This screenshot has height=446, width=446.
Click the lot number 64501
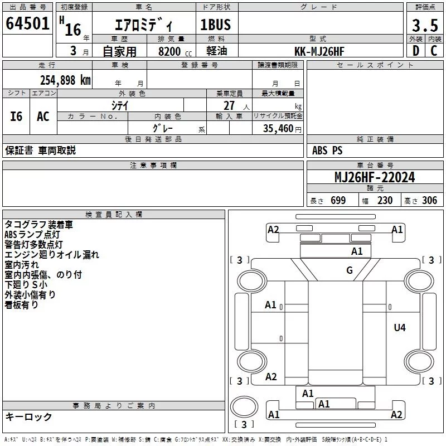point(27,23)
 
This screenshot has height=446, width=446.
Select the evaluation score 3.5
point(425,25)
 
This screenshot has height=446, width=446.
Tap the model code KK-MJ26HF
point(319,51)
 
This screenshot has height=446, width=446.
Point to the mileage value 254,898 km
point(65,80)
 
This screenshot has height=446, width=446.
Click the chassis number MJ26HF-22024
point(375,177)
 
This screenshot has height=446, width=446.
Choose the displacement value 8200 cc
point(175,51)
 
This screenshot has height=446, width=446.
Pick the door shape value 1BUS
point(215,25)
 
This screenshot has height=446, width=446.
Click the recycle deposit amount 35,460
point(278,128)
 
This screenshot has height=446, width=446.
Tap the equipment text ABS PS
point(327,151)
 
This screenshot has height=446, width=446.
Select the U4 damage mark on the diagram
point(400,328)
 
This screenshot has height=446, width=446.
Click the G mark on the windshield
point(350,270)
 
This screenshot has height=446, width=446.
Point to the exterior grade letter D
point(416,51)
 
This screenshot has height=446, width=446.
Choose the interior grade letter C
point(434,51)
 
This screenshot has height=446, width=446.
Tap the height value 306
point(429,200)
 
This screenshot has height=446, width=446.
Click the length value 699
point(338,200)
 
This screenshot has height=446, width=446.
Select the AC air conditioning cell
point(43,116)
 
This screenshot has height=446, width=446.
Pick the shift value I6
point(16,117)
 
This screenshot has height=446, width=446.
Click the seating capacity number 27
point(229,105)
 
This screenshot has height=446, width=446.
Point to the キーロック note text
point(28,416)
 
